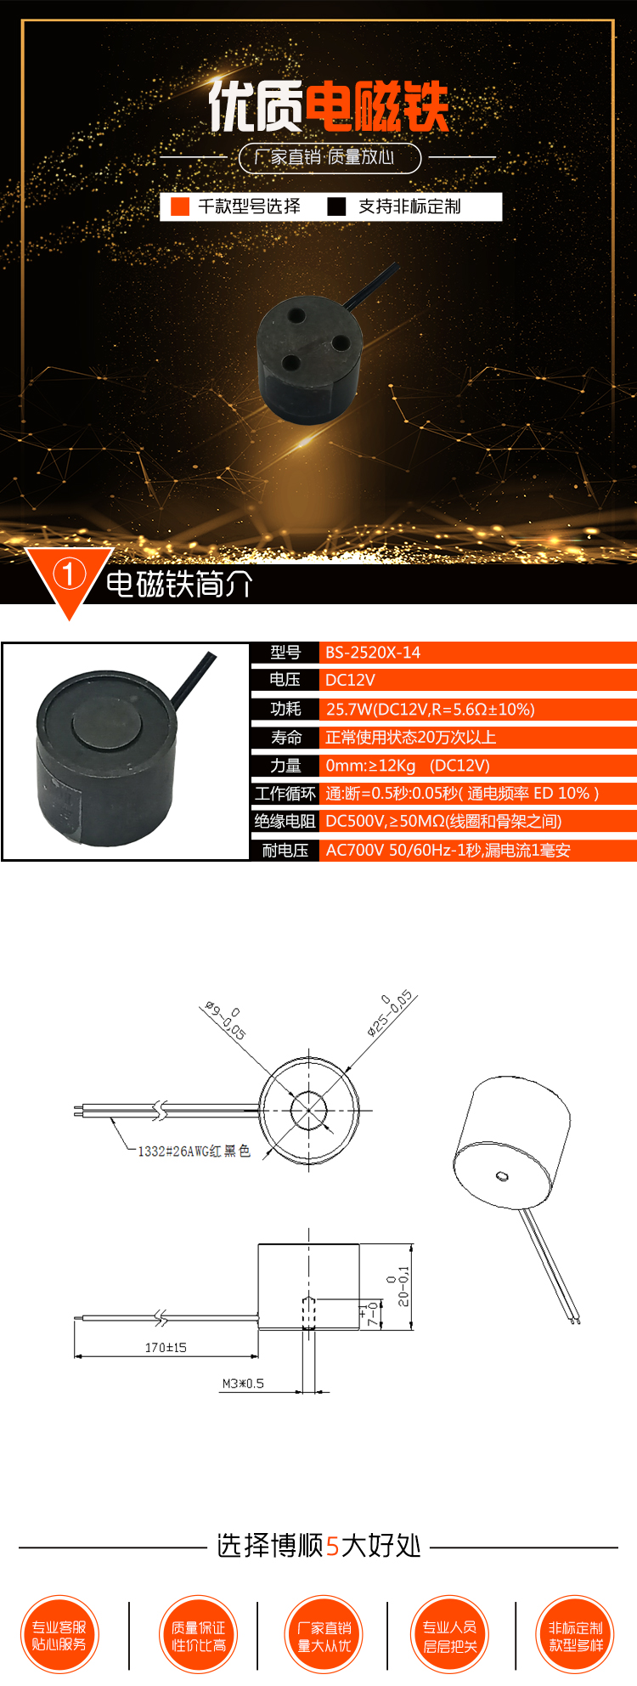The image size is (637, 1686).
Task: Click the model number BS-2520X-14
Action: [373, 653]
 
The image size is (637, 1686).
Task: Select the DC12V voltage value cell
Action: [350, 680]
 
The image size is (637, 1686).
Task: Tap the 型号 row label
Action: [285, 653]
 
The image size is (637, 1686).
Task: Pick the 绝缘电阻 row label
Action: [285, 821]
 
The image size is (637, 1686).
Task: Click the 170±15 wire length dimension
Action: [166, 1347]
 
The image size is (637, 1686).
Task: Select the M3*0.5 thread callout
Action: [243, 1383]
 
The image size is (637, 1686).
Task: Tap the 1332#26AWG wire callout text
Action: [194, 1151]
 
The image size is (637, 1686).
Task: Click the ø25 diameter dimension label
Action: [390, 1013]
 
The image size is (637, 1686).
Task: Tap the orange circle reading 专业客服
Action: [59, 1634]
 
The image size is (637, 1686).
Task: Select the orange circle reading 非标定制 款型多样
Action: [575, 1634]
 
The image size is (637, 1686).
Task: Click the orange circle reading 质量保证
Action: [199, 1634]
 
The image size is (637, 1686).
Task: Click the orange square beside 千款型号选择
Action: [180, 207]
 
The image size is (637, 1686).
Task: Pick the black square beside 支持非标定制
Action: [336, 207]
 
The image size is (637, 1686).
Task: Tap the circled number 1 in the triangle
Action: [70, 574]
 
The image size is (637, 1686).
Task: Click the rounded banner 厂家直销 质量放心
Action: [330, 157]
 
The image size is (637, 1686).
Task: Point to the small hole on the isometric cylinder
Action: [502, 1176]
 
